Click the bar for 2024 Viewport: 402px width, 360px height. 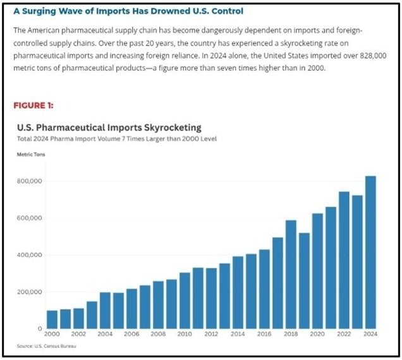(370, 253)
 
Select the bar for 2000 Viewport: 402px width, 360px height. (52, 320)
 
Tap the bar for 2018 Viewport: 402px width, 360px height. (291, 275)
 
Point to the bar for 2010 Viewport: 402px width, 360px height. (185, 301)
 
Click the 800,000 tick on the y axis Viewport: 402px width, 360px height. (29, 181)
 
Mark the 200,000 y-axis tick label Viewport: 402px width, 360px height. (29, 292)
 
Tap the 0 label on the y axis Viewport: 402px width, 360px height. (40, 328)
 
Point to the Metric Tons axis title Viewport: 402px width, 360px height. (30, 154)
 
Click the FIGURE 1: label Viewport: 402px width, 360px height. (35, 105)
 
